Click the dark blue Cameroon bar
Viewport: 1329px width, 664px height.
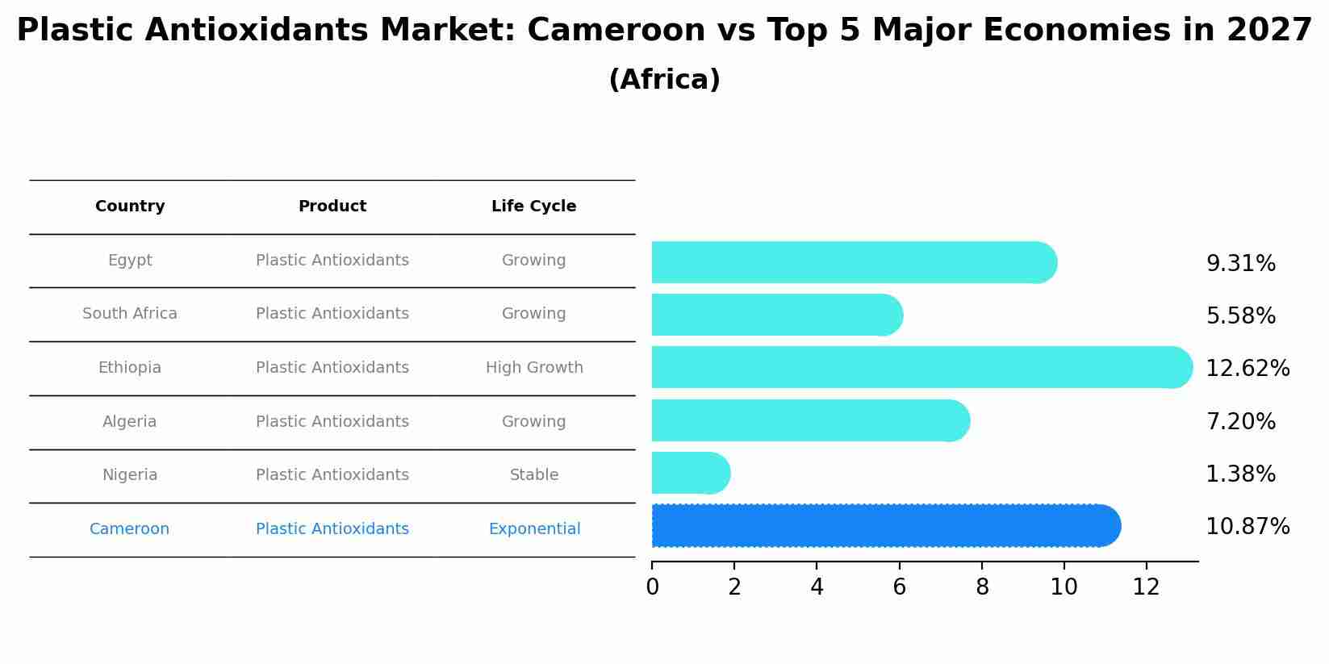pyautogui.click(x=885, y=526)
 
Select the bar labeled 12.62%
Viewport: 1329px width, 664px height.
pyautogui.click(x=921, y=368)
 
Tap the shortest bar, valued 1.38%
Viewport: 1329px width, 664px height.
pyautogui.click(x=690, y=474)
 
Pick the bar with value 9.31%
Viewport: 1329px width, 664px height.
pyautogui.click(x=853, y=263)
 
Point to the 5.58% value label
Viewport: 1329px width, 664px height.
pyautogui.click(x=1240, y=316)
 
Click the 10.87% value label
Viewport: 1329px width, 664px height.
pyautogui.click(x=1247, y=527)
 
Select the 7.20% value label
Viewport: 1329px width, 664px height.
pyautogui.click(x=1240, y=422)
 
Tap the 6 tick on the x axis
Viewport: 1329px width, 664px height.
pyautogui.click(x=899, y=587)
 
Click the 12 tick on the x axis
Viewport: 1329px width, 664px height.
pyautogui.click(x=1146, y=587)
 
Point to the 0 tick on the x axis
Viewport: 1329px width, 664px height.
pyautogui.click(x=652, y=587)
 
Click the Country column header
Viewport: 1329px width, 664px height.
pyautogui.click(x=130, y=207)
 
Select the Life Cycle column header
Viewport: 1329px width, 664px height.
pyautogui.click(x=533, y=207)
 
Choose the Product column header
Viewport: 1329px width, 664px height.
pyautogui.click(x=332, y=207)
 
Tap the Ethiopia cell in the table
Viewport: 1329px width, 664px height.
pyautogui.click(x=130, y=368)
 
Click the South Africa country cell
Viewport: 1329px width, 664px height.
pyautogui.click(x=130, y=314)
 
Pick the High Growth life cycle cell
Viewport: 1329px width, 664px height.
pyautogui.click(x=534, y=368)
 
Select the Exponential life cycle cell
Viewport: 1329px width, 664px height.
pyautogui.click(x=534, y=529)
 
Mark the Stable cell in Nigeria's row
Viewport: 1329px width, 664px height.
pyautogui.click(x=534, y=475)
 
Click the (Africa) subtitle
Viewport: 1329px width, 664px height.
pyautogui.click(x=664, y=80)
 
